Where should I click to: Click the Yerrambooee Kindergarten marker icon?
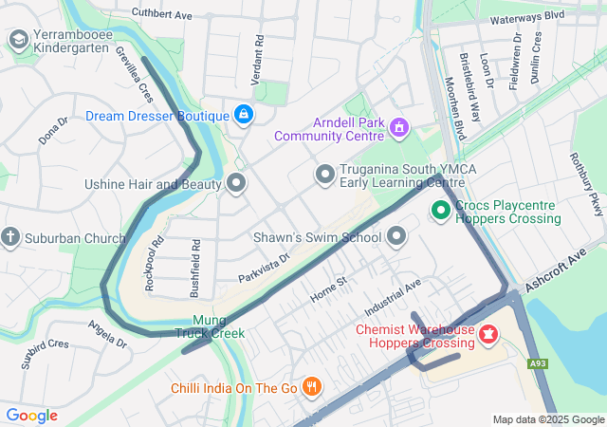17,39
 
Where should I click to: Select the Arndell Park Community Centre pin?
398,126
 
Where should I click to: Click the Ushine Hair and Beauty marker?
236,183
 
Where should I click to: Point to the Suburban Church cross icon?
11,237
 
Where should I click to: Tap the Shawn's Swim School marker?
396,236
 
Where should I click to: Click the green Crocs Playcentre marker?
441,211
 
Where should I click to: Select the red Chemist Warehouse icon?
487,335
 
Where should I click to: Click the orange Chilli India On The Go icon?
310,387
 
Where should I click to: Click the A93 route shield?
538,363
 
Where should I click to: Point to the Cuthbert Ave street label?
162,15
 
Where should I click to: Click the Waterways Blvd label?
527,16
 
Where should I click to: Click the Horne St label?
329,290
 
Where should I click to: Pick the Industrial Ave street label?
392,299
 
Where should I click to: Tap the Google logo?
31,416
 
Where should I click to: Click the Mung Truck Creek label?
210,326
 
